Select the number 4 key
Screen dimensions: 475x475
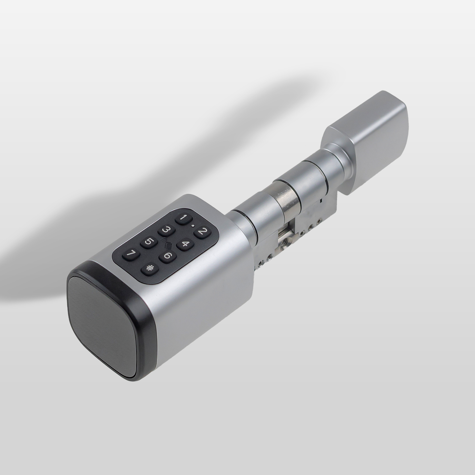[x=184, y=244]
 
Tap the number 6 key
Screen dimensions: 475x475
[x=167, y=256]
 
